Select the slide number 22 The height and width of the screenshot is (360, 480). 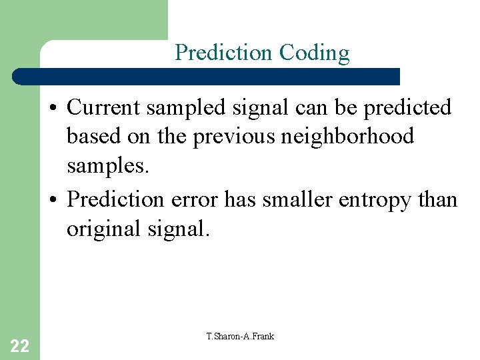(x=20, y=345)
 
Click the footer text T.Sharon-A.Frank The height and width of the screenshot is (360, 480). (x=240, y=336)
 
